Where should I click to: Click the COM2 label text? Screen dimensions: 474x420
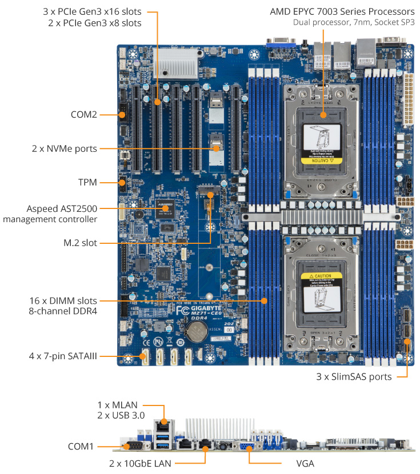coord(83,114)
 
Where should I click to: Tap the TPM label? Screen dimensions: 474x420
coord(87,183)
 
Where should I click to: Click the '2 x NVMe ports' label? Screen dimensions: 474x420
coord(64,149)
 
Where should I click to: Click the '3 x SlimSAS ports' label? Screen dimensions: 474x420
coord(354,377)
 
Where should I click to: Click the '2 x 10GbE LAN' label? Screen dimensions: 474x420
coord(142,463)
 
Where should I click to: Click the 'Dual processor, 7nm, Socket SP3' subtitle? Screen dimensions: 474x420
coord(354,23)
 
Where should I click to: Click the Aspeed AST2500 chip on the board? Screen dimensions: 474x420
coord(166,208)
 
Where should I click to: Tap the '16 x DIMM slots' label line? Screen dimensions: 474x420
coord(63,300)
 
